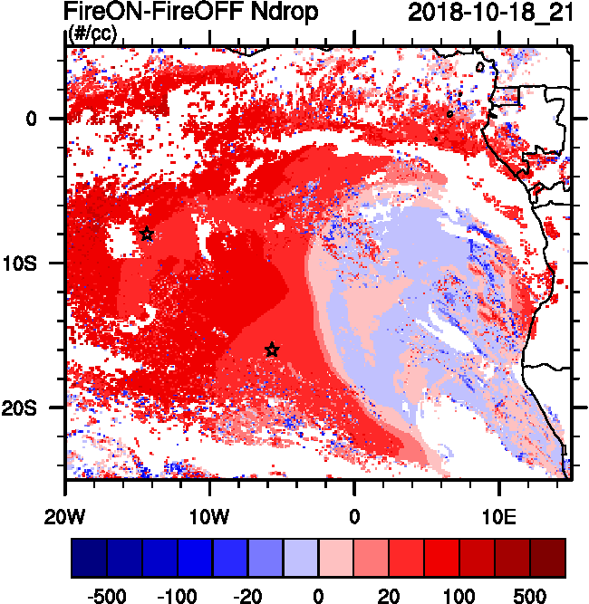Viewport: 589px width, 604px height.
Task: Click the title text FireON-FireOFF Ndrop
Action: (x=190, y=13)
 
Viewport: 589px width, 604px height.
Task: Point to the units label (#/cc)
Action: (x=92, y=34)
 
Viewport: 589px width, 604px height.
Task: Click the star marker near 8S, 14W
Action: (x=147, y=235)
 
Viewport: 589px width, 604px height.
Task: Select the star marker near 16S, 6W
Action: (x=272, y=350)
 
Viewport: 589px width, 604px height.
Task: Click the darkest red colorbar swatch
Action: (x=547, y=558)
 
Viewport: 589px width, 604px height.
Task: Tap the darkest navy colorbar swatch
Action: (x=89, y=558)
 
